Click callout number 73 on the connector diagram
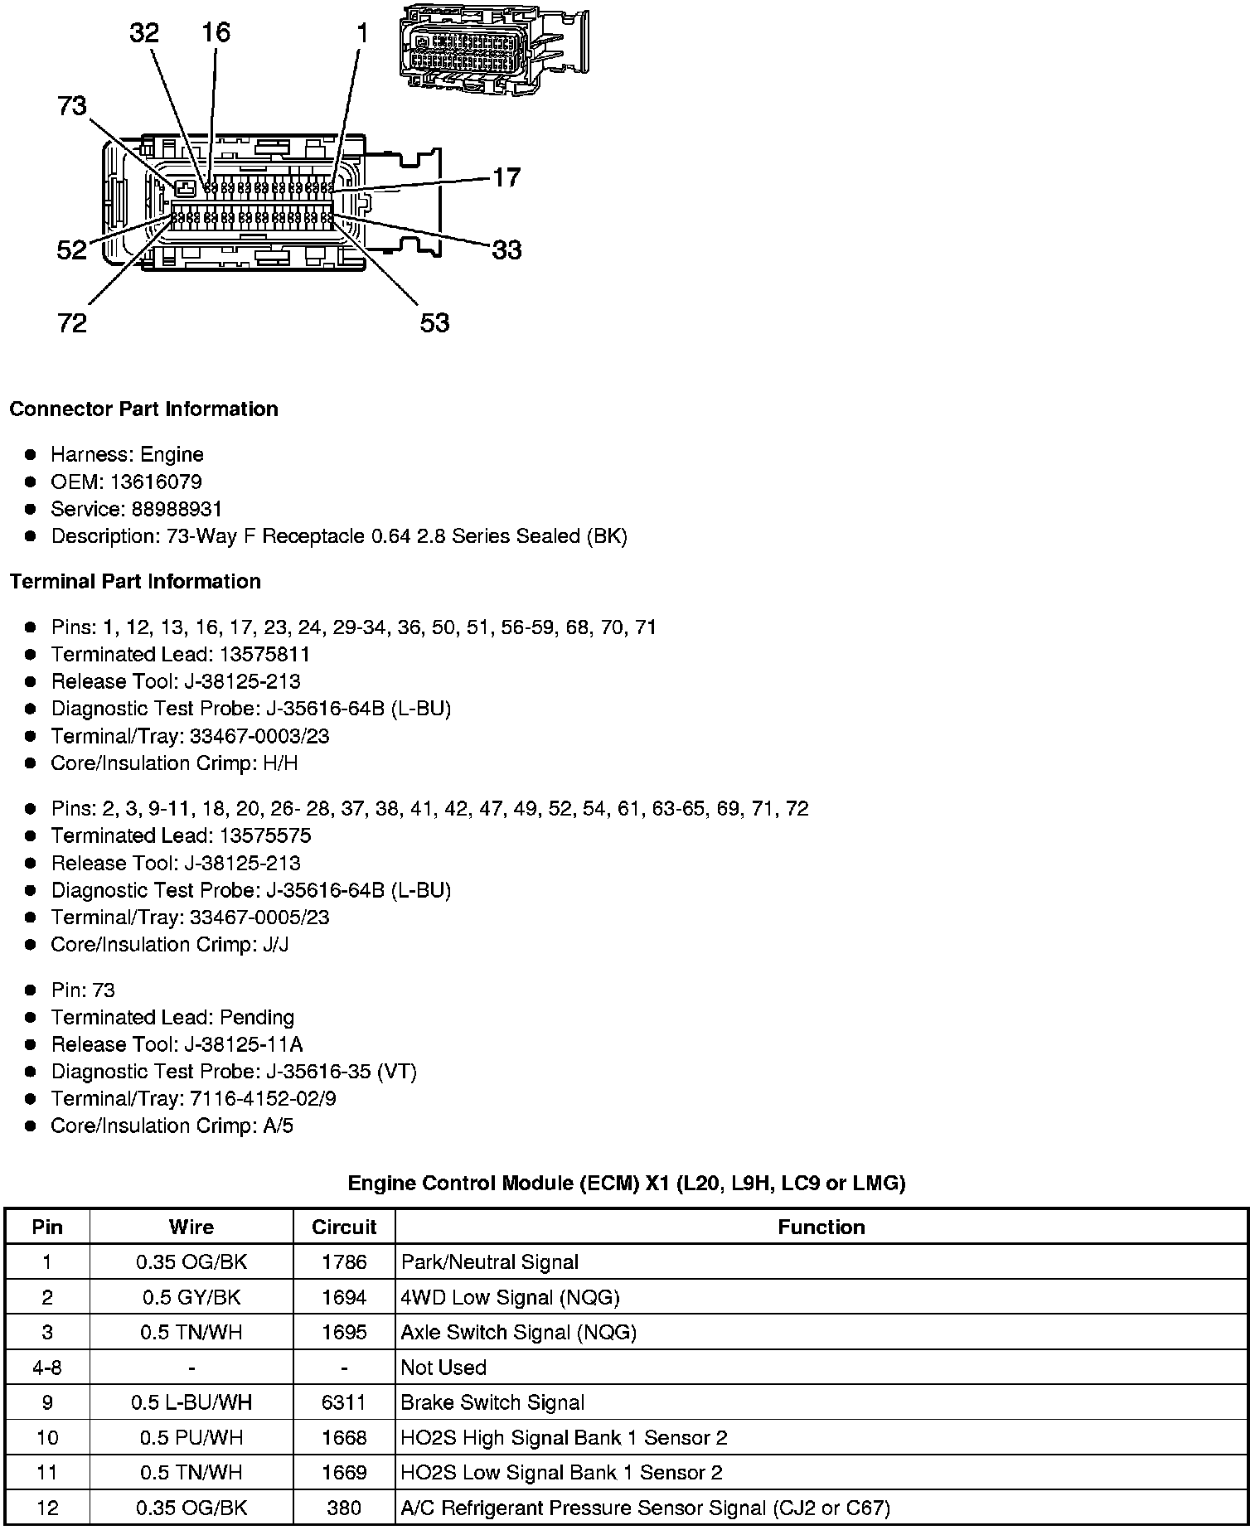coord(72,106)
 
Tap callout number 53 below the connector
coord(434,322)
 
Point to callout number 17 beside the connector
coord(506,177)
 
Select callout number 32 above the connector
coord(144,32)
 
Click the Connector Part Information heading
coord(143,409)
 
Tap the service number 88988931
coord(177,509)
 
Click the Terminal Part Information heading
coord(135,582)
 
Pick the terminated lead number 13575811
coord(264,655)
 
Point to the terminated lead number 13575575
coord(264,835)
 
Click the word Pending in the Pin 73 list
coord(257,1017)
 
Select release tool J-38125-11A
coord(244,1044)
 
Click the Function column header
coord(821,1227)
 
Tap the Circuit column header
coord(344,1227)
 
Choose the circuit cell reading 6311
coord(344,1402)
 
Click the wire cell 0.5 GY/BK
coord(191,1297)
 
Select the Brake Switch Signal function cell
coord(492,1402)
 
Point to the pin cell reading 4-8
coord(47,1368)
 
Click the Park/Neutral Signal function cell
coord(489,1262)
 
